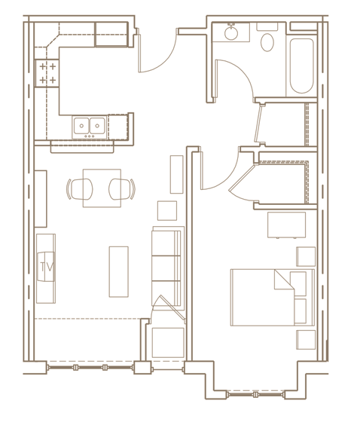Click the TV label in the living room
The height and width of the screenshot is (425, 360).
click(45, 266)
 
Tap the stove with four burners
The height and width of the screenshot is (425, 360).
click(47, 73)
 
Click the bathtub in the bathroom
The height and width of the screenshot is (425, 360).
click(301, 66)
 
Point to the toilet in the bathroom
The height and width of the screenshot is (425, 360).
click(267, 39)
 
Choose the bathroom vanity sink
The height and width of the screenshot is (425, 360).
click(230, 32)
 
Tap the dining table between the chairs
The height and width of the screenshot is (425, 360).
click(102, 188)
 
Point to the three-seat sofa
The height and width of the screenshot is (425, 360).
click(167, 268)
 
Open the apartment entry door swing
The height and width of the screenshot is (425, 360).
click(157, 53)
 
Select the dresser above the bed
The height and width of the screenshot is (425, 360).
click(286, 225)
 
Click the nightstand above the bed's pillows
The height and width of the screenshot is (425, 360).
click(305, 256)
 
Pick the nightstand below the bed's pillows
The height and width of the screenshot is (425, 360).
click(305, 339)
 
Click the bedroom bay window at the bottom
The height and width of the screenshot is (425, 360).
click(256, 394)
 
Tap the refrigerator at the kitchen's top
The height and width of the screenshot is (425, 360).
click(111, 34)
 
